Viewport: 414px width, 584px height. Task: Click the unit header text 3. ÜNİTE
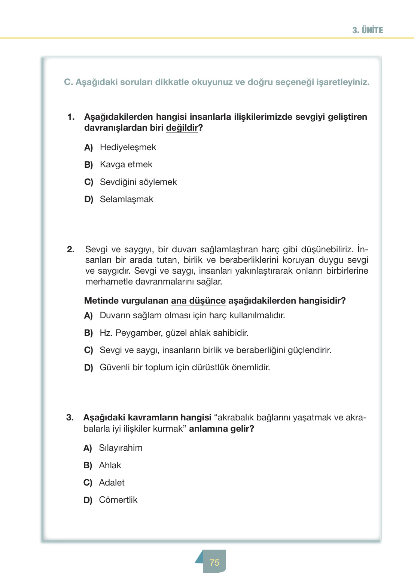point(367,30)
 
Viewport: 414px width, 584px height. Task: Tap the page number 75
point(214,562)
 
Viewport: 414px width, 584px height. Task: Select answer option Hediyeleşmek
point(128,147)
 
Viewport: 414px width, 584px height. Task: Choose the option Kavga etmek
point(126,164)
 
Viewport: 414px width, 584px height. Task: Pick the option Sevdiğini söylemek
point(138,182)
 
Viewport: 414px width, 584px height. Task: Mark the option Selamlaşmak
point(127,199)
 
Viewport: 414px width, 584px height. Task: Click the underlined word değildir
point(182,128)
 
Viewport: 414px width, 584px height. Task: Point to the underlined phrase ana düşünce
point(198,301)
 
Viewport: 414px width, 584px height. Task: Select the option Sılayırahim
point(121,448)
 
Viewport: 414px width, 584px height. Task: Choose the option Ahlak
point(110,465)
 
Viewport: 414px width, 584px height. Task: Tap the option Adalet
point(112,483)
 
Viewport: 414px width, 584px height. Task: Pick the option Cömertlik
point(118,500)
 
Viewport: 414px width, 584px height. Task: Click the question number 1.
point(71,117)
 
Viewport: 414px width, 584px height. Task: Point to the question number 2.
point(70,249)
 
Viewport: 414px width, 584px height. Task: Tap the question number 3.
point(70,417)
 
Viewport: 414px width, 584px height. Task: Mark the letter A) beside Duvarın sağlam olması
point(88,316)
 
